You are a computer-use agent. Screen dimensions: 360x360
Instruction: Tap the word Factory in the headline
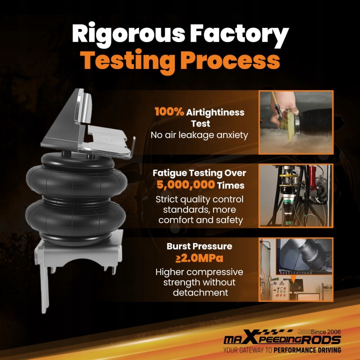pyautogui.click(x=239, y=34)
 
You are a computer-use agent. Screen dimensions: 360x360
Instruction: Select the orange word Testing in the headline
pyautogui.click(x=128, y=61)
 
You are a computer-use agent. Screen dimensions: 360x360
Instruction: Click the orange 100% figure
pyautogui.click(x=169, y=112)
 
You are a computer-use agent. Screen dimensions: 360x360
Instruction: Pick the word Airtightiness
pyautogui.click(x=215, y=112)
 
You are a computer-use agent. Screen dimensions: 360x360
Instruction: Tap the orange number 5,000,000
pyautogui.click(x=185, y=185)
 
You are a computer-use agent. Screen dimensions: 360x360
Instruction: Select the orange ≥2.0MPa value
pyautogui.click(x=199, y=258)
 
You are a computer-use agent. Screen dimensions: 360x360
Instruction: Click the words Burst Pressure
pyautogui.click(x=199, y=246)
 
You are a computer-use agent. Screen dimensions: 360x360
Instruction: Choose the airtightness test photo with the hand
pyautogui.click(x=296, y=122)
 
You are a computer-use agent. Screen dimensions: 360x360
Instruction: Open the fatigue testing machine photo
pyautogui.click(x=296, y=195)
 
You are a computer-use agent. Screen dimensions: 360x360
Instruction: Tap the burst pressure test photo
pyautogui.click(x=296, y=269)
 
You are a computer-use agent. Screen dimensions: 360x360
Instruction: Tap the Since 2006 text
pyautogui.click(x=326, y=332)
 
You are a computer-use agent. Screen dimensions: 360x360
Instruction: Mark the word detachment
pyautogui.click(x=200, y=292)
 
